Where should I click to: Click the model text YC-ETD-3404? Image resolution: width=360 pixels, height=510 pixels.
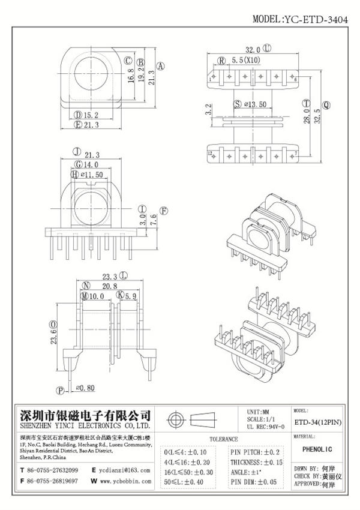[320, 20]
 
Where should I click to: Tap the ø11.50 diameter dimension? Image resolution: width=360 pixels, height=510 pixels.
[93, 174]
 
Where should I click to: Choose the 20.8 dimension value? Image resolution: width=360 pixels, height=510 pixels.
[109, 287]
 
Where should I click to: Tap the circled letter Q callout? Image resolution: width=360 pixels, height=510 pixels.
[326, 104]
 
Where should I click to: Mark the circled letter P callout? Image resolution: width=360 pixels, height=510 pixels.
[61, 389]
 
